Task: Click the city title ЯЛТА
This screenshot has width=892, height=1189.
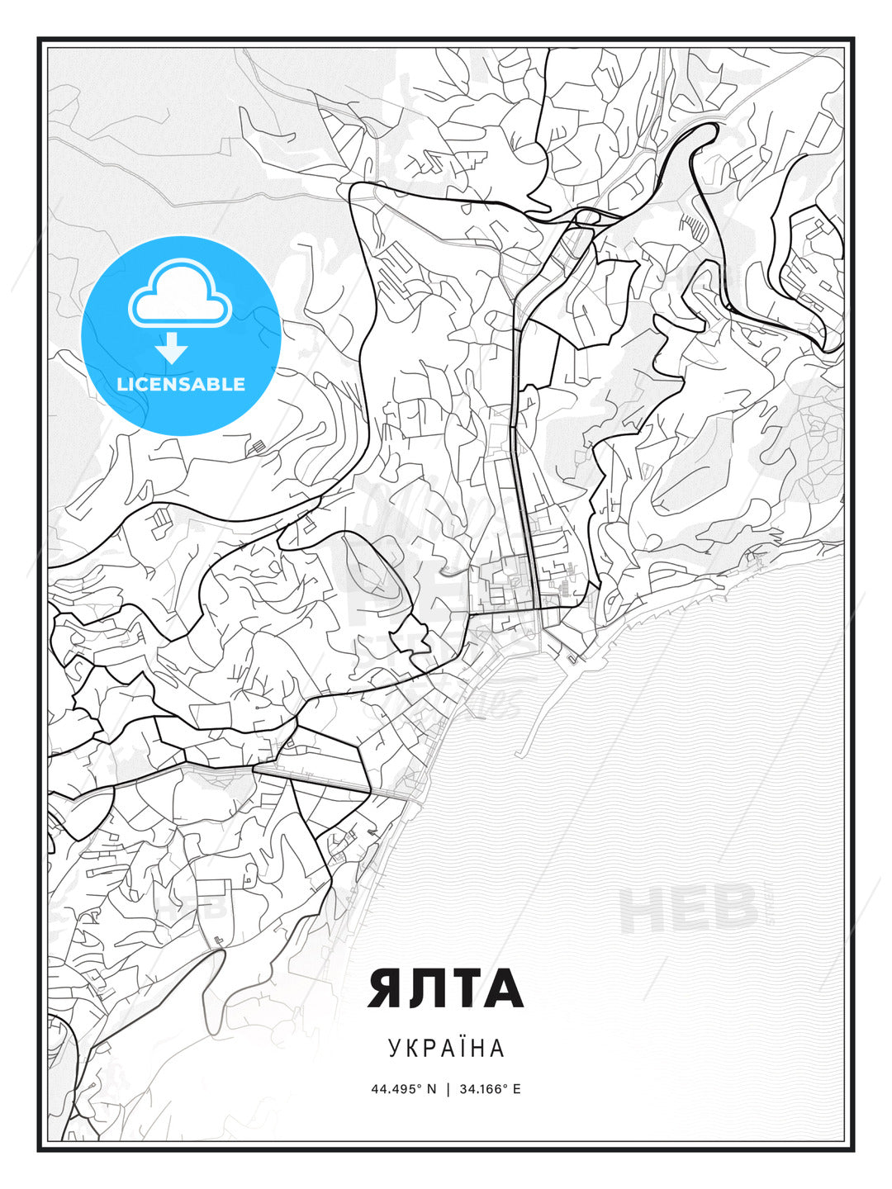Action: [x=445, y=988]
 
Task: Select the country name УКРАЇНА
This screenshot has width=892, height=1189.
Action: [x=446, y=1049]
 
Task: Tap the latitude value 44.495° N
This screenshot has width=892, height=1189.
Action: [x=403, y=1089]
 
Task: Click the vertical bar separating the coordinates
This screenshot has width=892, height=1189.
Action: [x=448, y=1089]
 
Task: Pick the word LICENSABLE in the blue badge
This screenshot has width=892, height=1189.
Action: [x=181, y=385]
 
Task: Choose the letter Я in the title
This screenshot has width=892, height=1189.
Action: [x=387, y=988]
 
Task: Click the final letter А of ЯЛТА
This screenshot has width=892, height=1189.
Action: [x=504, y=988]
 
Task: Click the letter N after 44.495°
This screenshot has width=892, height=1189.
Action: [x=431, y=1089]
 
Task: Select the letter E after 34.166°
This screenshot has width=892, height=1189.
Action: [x=517, y=1089]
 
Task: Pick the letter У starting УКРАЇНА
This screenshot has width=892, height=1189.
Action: [x=395, y=1049]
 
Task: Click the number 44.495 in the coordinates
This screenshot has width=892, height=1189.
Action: [x=393, y=1089]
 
